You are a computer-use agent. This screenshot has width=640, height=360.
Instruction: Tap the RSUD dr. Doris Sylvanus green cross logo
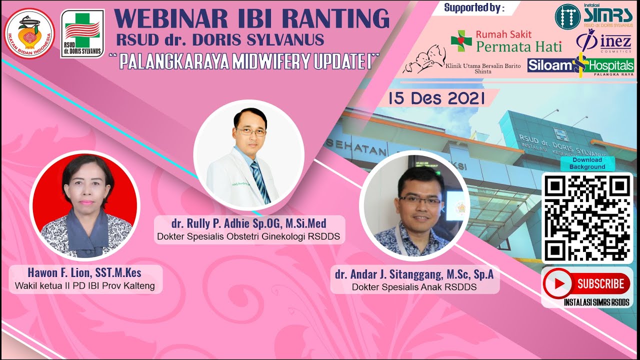(x=82, y=33)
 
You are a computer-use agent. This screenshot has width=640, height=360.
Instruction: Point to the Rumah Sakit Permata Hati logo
(x=506, y=41)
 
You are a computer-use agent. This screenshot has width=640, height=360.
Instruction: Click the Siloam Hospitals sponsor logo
(x=580, y=65)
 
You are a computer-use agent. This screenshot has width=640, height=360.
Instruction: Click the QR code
(x=587, y=217)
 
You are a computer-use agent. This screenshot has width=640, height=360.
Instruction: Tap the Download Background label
(x=587, y=163)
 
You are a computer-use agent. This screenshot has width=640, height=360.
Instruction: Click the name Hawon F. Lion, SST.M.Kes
(x=84, y=273)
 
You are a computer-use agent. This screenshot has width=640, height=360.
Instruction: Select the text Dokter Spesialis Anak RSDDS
(x=414, y=287)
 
